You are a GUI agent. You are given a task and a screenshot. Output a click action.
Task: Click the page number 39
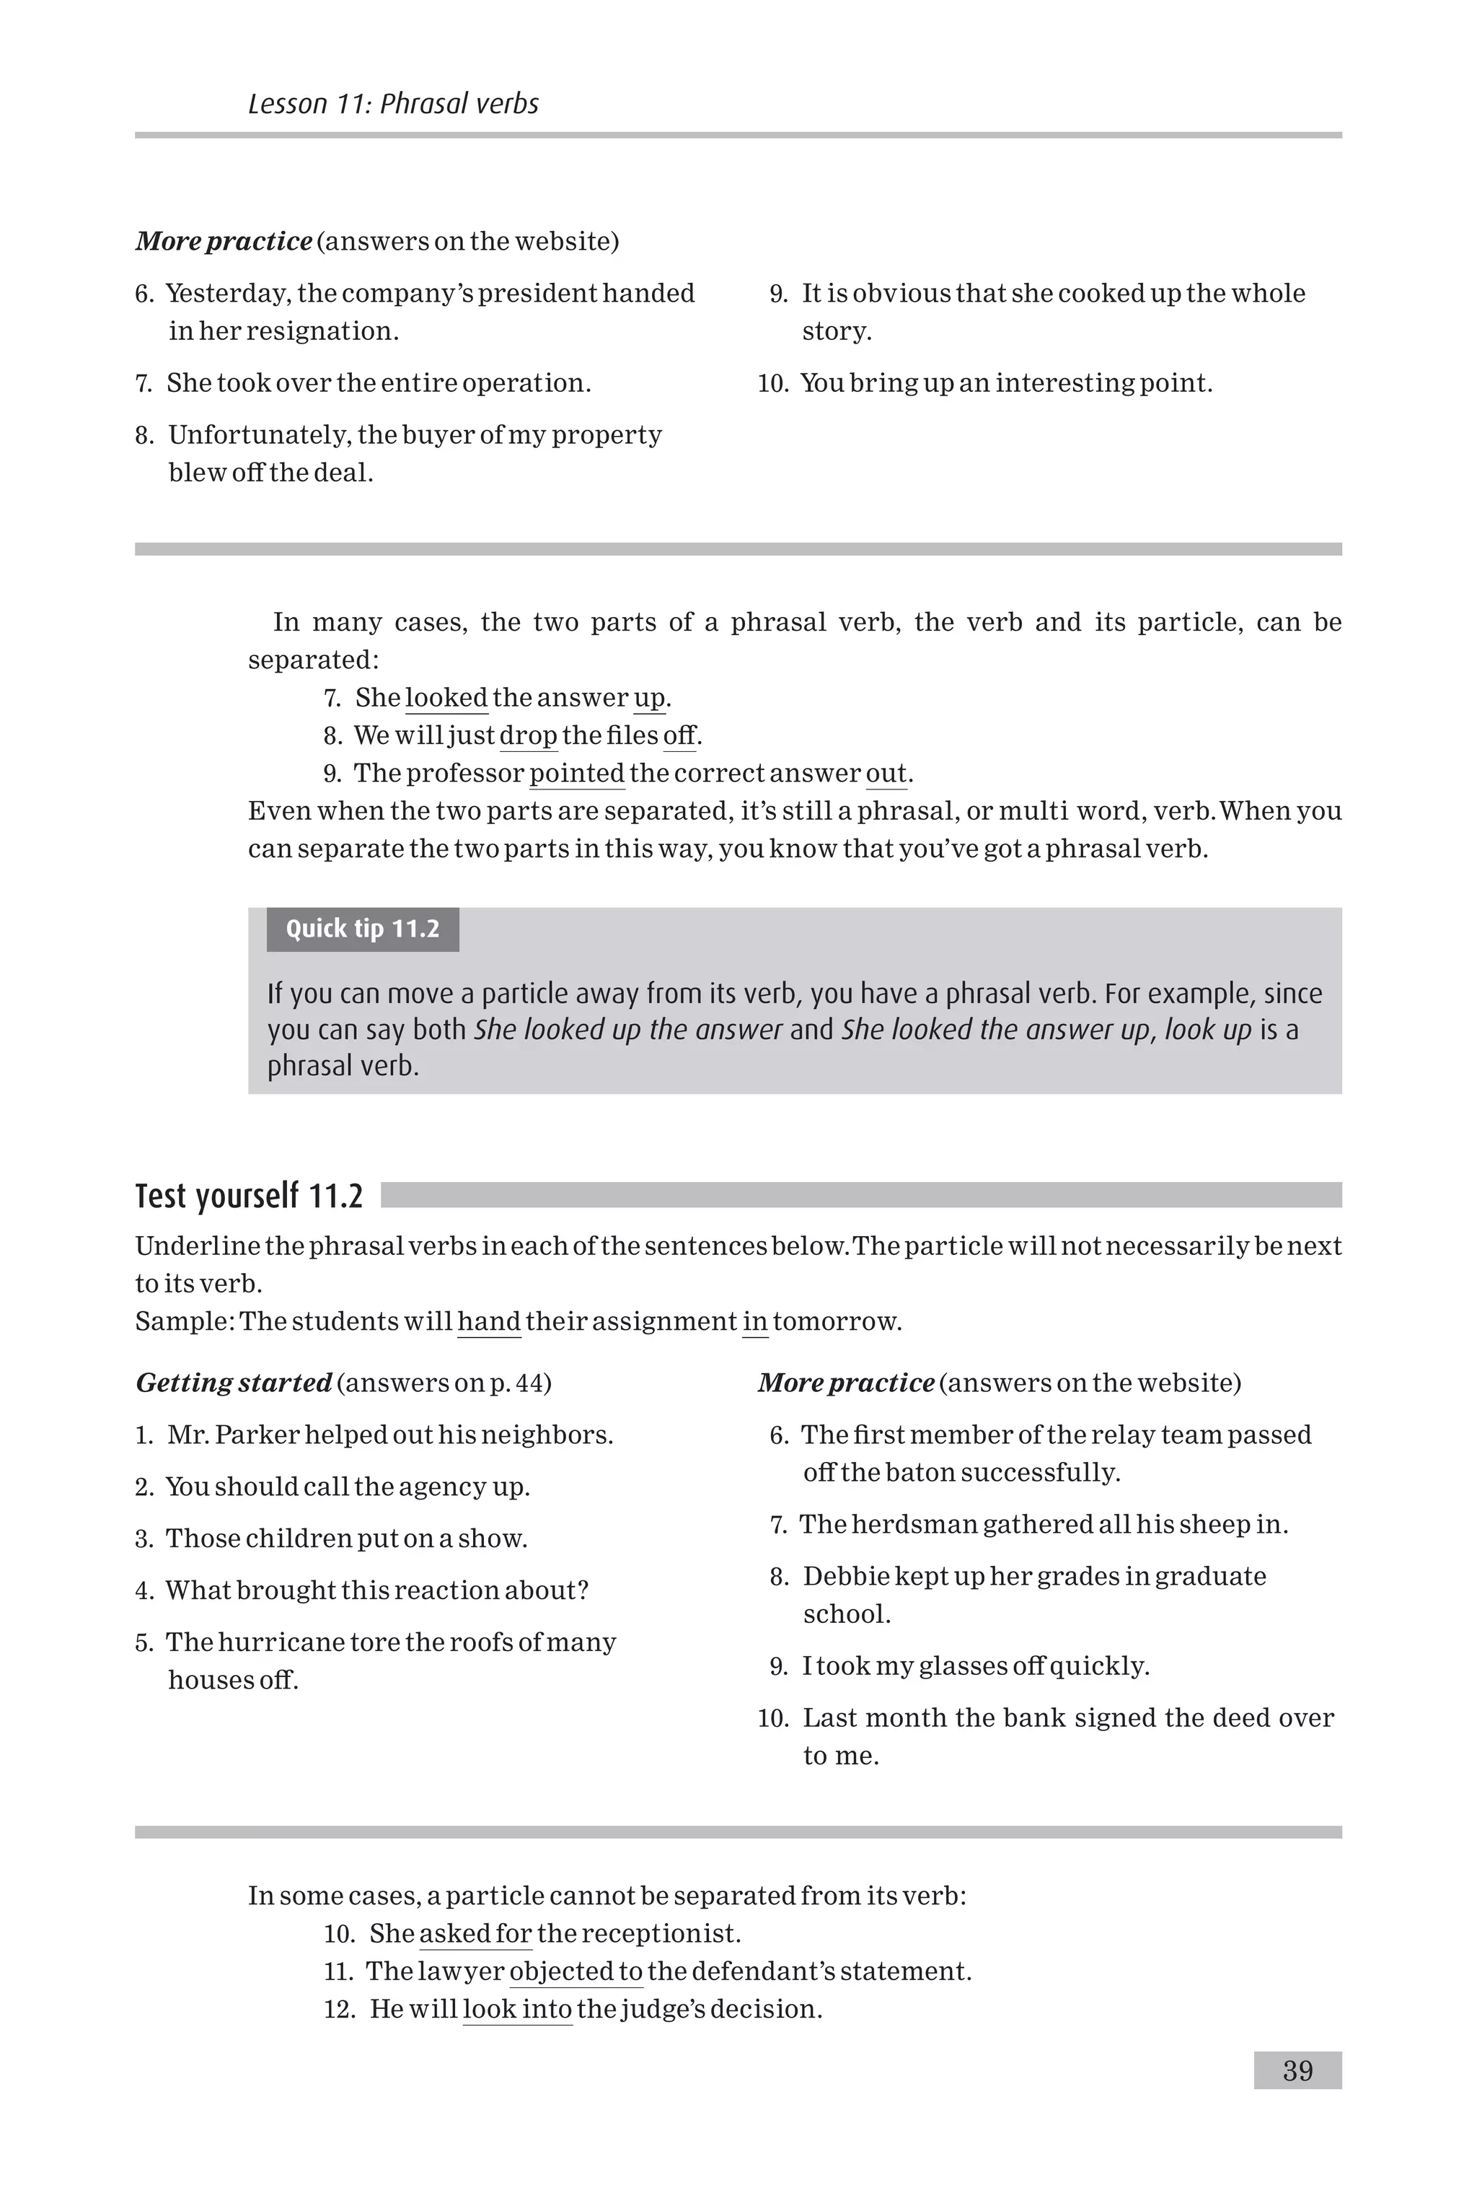pos(1297,2070)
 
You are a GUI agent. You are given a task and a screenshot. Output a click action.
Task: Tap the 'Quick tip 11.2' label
pos(363,929)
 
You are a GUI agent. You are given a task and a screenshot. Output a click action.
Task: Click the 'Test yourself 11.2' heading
pos(249,1196)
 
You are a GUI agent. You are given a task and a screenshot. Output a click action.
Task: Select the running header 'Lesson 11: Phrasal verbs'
pos(393,104)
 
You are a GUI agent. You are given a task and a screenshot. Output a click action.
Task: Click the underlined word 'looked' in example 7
pos(446,699)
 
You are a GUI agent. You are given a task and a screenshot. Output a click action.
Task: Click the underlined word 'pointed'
pos(576,774)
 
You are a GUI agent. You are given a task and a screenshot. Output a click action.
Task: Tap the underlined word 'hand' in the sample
pos(489,1322)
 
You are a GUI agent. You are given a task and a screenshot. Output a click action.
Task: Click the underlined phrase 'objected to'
pos(576,1971)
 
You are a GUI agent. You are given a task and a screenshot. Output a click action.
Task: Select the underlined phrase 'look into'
pos(517,2009)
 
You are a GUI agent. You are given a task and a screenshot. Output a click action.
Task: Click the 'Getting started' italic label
pos(234,1383)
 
